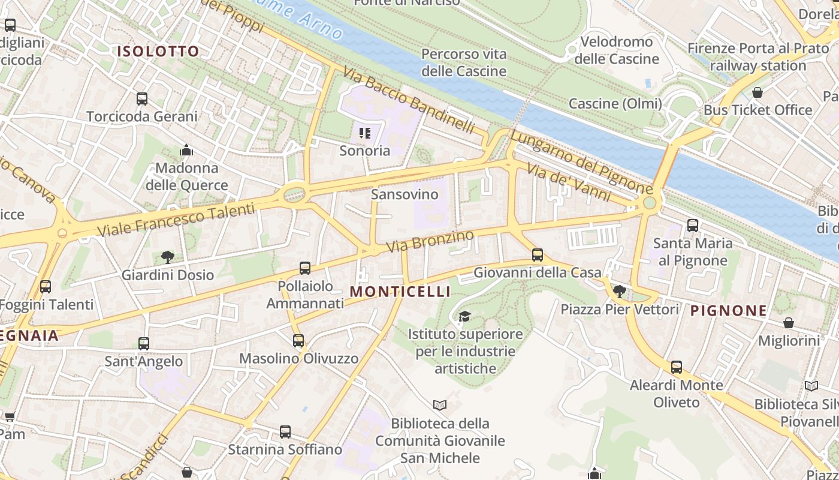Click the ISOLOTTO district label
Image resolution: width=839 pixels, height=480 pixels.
(158, 52)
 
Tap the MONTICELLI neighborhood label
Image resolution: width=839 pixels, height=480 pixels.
(400, 292)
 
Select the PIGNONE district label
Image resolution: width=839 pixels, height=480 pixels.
(728, 311)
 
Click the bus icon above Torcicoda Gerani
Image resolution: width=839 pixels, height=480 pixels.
(142, 99)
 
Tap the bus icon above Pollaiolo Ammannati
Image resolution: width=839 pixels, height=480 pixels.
(305, 268)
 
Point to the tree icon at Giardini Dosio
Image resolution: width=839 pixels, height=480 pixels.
(168, 257)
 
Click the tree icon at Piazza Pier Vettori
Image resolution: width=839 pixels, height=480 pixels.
(620, 292)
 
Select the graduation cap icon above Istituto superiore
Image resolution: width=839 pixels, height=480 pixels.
(464, 316)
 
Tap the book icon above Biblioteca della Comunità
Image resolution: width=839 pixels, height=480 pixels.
(440, 406)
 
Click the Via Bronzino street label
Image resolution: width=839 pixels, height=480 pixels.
(430, 241)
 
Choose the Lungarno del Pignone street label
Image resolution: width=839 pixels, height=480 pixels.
(581, 162)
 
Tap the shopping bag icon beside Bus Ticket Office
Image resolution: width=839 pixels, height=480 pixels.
(757, 93)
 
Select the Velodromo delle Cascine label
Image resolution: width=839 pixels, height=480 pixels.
(616, 50)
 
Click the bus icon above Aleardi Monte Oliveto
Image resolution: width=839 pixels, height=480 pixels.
(677, 367)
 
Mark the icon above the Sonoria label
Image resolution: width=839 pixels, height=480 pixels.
(364, 133)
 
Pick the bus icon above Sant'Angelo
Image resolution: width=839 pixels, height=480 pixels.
(144, 344)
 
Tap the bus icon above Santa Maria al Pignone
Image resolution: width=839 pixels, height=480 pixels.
(693, 226)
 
